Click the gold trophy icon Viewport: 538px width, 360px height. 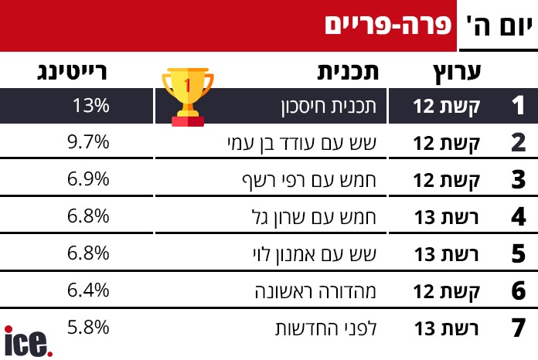(188, 97)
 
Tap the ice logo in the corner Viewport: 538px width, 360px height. (29, 341)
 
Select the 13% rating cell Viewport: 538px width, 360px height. (91, 105)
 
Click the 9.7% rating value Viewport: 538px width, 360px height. (88, 142)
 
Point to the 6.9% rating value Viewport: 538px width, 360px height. (88, 179)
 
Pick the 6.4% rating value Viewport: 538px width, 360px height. (88, 290)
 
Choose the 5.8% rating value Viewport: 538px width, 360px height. (88, 328)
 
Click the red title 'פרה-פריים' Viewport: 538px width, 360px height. (388, 25)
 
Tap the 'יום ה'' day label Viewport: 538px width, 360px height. (499, 26)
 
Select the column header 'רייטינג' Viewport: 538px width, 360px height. (72, 72)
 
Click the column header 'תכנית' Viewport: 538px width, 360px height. (348, 72)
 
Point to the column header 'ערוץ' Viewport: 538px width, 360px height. (457, 73)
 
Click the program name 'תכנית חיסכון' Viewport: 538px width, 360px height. (329, 107)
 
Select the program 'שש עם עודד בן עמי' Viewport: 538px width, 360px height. (302, 144)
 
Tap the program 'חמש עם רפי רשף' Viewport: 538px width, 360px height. (309, 180)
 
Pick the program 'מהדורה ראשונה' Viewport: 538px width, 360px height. (315, 292)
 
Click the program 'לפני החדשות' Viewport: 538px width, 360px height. (326, 328)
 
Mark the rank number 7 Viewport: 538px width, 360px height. (519, 328)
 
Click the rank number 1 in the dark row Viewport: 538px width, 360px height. (518, 105)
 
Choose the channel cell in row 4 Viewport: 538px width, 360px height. (446, 217)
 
